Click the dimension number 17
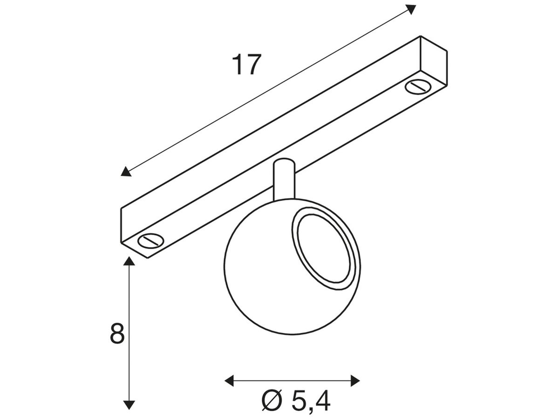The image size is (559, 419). click(246, 64)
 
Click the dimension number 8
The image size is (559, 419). click(117, 333)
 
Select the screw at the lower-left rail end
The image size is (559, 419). click(150, 240)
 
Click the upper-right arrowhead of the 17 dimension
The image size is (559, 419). click(410, 9)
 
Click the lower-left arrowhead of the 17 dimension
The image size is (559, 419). click(126, 171)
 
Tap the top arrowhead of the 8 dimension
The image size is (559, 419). click(129, 261)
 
